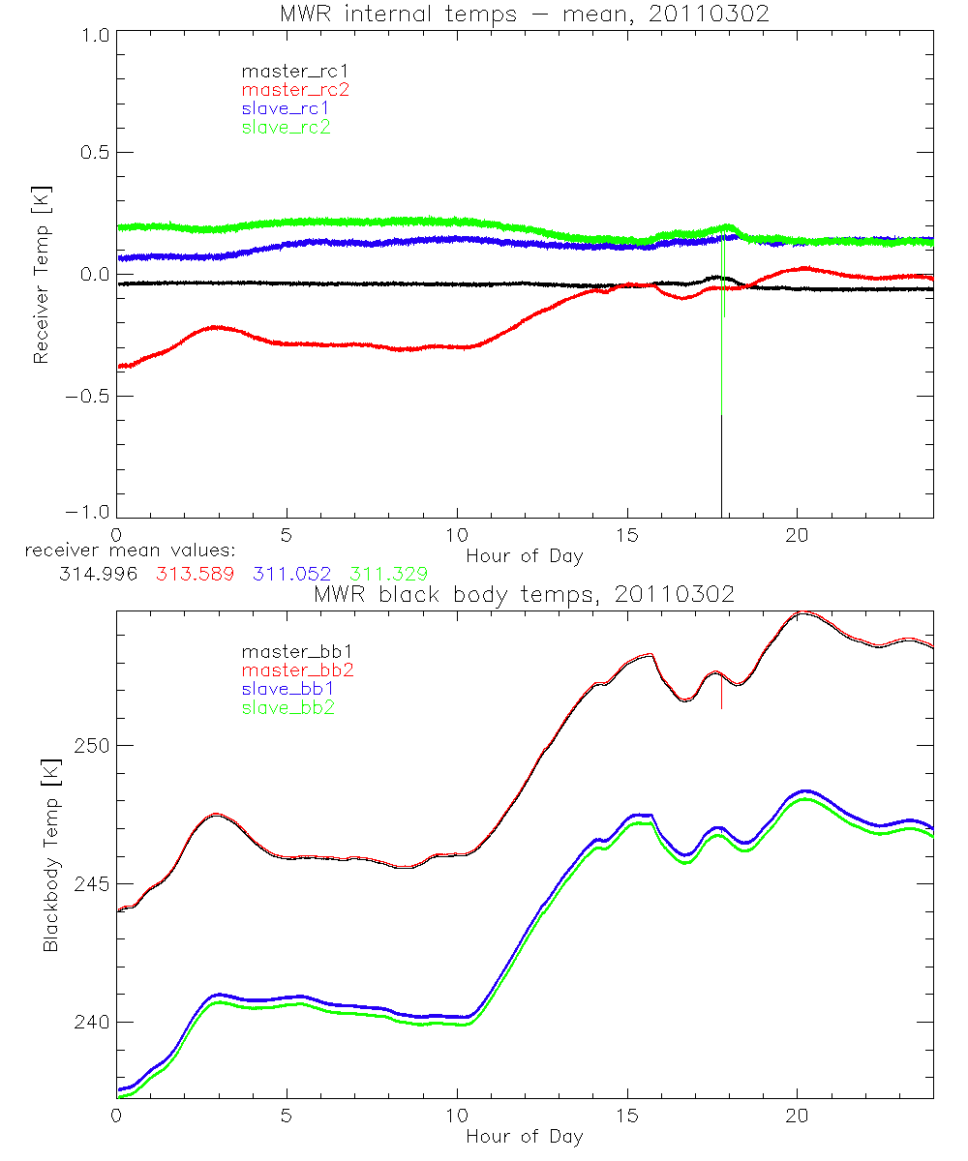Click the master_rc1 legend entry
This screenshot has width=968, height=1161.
(x=287, y=72)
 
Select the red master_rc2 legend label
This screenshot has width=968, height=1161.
(x=294, y=90)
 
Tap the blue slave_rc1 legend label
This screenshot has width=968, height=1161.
(x=286, y=108)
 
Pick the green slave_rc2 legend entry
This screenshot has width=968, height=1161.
(x=286, y=127)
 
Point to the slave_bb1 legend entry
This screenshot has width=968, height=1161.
(x=287, y=689)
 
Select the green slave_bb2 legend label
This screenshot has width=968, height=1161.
(x=287, y=707)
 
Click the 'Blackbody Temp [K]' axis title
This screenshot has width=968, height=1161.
(x=50, y=855)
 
